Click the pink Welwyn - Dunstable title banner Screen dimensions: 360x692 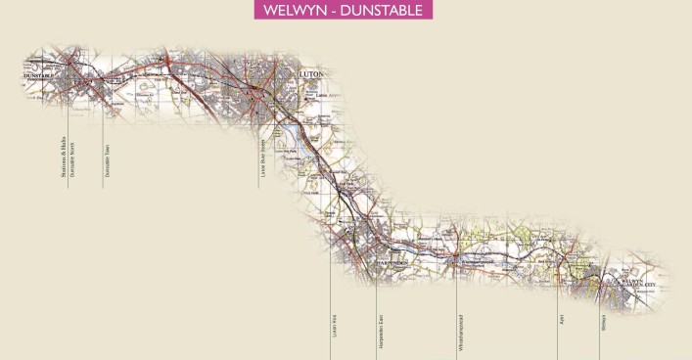[346, 11]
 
